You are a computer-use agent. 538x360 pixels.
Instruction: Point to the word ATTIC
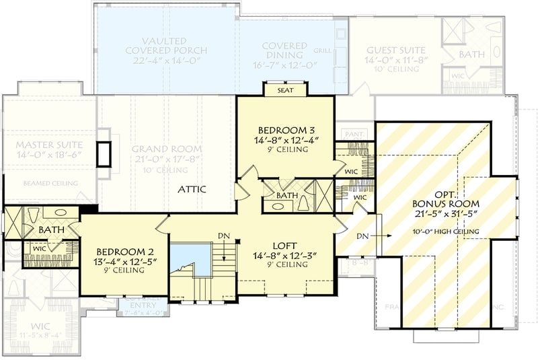click(x=192, y=190)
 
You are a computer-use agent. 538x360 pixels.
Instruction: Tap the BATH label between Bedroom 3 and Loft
click(x=286, y=196)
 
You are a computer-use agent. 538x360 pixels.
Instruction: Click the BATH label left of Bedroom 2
click(x=50, y=230)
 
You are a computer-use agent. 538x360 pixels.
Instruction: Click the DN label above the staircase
click(x=224, y=236)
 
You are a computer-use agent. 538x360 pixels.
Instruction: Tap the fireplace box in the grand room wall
click(x=104, y=154)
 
